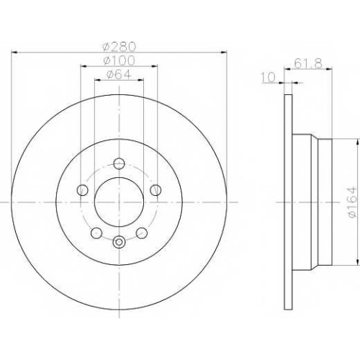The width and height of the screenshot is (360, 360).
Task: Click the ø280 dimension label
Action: coord(120,47)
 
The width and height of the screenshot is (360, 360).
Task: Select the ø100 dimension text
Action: coord(120,60)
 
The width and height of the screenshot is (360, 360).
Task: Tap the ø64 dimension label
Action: coord(120,74)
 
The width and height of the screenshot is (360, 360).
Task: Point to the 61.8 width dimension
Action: coord(308,64)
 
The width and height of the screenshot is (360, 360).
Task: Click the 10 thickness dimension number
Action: coord(269,77)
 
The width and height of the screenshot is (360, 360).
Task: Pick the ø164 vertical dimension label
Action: coord(352,202)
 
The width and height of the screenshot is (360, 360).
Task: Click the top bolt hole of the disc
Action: coord(119,163)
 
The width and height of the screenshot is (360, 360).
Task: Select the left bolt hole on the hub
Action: coord(82,190)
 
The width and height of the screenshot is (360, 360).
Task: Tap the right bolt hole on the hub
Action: coord(156,190)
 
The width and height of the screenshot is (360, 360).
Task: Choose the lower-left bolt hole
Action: coord(96,233)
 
